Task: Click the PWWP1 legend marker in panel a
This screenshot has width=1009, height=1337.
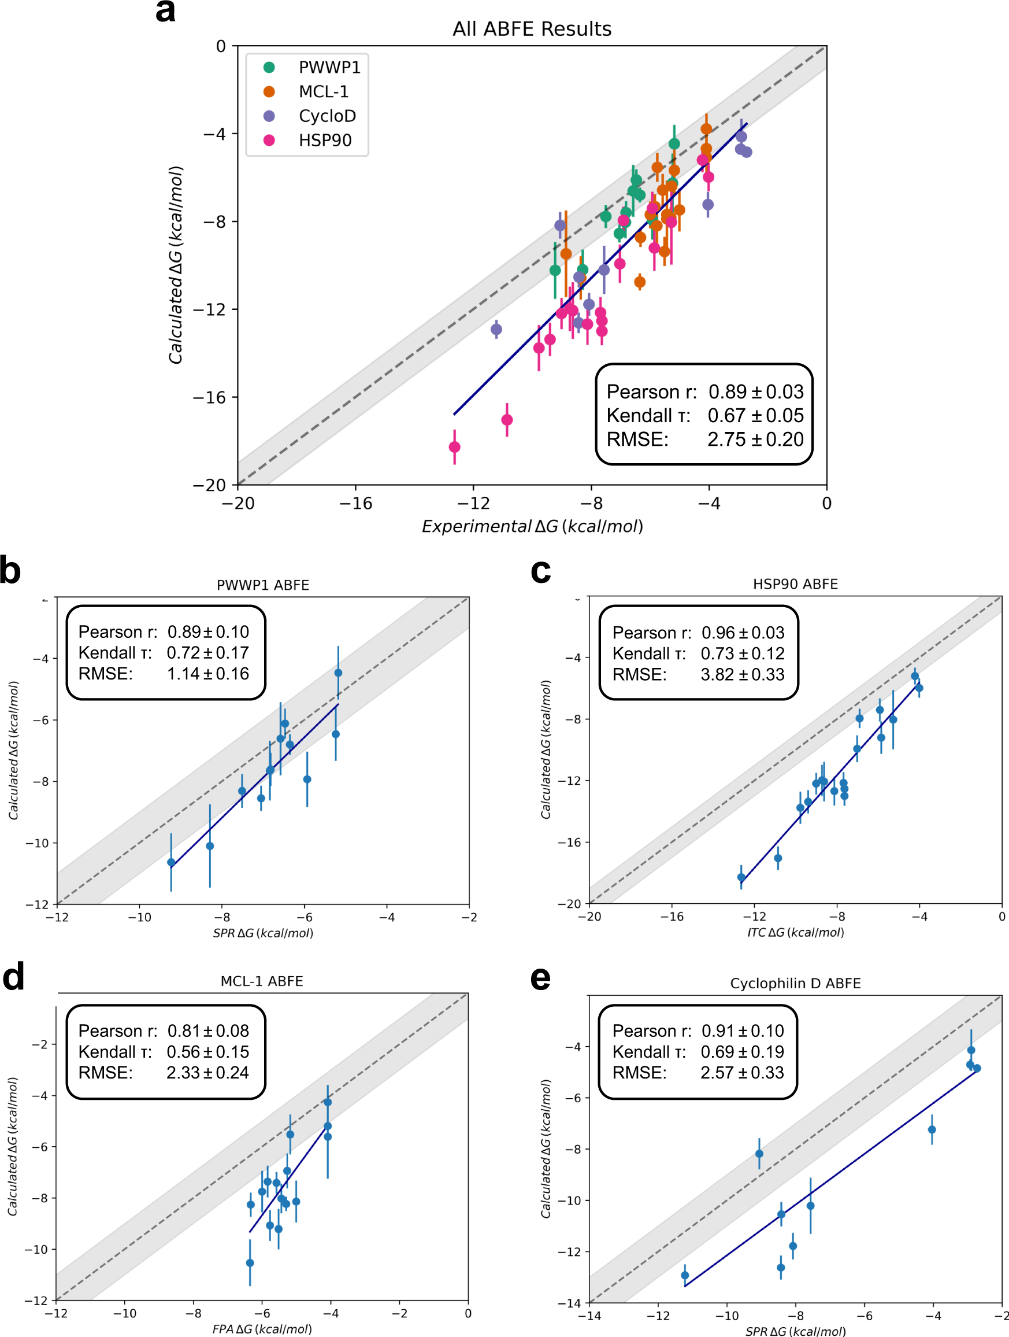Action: [269, 67]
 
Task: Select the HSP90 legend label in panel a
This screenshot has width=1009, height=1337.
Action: [325, 140]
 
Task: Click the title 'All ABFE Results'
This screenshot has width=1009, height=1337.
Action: [532, 28]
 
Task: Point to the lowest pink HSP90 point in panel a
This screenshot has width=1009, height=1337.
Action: [454, 446]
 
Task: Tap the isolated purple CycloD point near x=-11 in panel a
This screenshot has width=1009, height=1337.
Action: [496, 330]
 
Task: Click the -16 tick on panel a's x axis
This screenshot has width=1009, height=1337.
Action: [355, 504]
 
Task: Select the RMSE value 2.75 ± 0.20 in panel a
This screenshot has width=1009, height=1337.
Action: [755, 439]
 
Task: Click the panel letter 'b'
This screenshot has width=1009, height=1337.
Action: [11, 570]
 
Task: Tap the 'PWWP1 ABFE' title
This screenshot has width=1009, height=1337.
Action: [263, 585]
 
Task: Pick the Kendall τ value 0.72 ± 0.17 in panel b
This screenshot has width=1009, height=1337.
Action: [207, 653]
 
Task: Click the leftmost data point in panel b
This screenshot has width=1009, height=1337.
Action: [171, 863]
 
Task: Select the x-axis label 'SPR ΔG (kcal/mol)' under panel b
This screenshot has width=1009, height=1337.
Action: [263, 933]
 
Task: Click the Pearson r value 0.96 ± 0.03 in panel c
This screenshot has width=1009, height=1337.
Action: [743, 633]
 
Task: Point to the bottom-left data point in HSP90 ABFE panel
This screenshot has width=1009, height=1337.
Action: [741, 878]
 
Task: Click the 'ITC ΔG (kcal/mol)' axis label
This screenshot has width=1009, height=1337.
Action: [795, 933]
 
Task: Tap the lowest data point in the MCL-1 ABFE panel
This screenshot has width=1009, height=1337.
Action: [250, 1262]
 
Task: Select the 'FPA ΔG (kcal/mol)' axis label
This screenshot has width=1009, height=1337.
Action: [262, 1329]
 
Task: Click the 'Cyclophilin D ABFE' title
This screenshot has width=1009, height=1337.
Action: [795, 984]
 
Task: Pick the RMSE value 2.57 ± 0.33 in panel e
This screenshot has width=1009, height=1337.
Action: [742, 1072]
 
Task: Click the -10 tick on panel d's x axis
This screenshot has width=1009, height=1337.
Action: [124, 1313]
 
